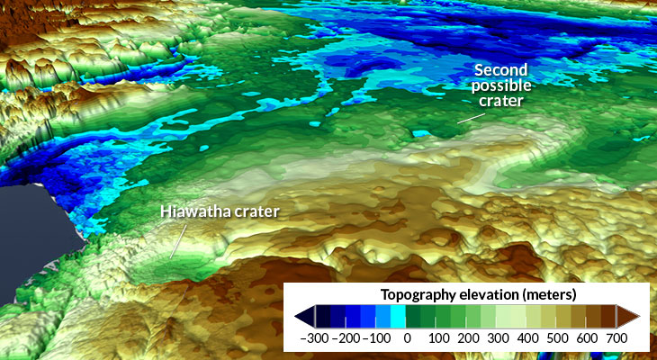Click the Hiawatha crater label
[220, 212]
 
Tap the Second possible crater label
[502, 86]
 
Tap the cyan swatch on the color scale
[398, 315]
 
